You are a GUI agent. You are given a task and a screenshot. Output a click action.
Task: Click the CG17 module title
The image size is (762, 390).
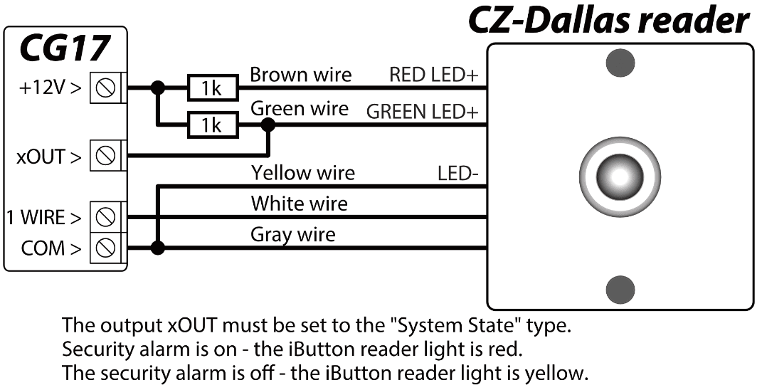click(x=65, y=48)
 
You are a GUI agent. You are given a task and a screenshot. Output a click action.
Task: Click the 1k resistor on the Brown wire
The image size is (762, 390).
click(x=212, y=89)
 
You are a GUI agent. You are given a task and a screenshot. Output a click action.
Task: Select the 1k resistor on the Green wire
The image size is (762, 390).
click(x=212, y=126)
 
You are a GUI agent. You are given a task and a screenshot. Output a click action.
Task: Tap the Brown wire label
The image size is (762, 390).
click(x=301, y=74)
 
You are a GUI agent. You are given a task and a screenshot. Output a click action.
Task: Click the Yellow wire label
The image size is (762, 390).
click(x=302, y=172)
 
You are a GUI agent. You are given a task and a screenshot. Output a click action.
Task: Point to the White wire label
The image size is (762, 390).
click(x=299, y=204)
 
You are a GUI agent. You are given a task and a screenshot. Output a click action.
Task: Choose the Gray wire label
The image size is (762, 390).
click(x=292, y=234)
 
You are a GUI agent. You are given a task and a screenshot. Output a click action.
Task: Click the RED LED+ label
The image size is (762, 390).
click(x=433, y=75)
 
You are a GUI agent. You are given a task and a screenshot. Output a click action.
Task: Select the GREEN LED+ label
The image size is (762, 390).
click(x=421, y=112)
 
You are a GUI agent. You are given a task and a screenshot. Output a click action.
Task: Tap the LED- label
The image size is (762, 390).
click(x=457, y=173)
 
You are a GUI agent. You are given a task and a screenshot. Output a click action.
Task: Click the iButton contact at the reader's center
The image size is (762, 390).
click(x=618, y=175)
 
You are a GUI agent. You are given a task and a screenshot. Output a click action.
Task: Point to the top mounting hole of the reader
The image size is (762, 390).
click(x=620, y=63)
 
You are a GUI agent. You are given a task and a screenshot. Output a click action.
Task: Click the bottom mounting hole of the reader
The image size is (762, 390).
click(x=620, y=289)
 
